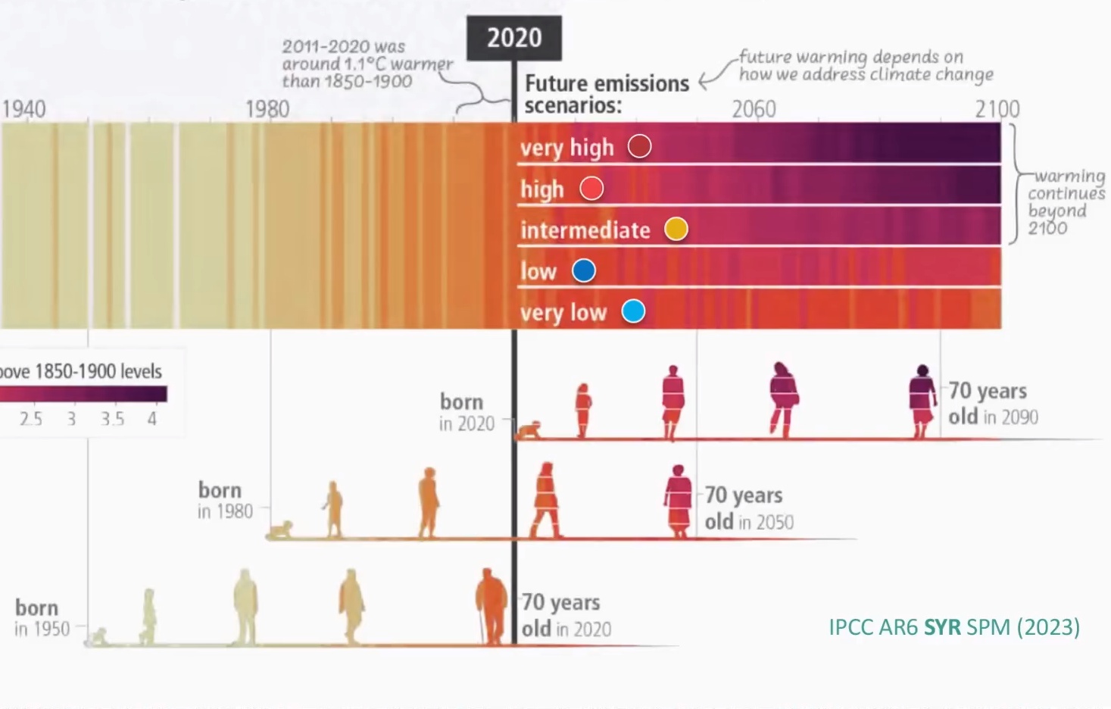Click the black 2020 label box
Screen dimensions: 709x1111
(514, 38)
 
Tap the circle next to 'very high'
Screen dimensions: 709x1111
(639, 146)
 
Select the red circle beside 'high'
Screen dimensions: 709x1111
(591, 188)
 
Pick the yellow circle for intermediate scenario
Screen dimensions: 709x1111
(676, 229)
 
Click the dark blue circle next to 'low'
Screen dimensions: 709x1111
(583, 270)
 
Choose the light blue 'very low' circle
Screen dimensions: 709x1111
(633, 311)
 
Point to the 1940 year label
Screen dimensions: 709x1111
(23, 109)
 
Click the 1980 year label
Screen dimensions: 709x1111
(267, 109)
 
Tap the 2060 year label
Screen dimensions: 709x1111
(754, 109)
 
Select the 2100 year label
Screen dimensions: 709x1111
(997, 109)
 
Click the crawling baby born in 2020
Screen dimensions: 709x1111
(529, 431)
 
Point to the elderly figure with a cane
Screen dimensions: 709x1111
(492, 606)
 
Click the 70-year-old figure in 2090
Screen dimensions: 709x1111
(922, 401)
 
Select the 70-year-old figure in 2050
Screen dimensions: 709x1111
(678, 501)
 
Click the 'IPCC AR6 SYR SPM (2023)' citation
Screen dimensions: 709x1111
(953, 627)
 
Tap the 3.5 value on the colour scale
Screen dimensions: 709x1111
(112, 419)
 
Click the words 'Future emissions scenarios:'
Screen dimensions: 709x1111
(606, 94)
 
